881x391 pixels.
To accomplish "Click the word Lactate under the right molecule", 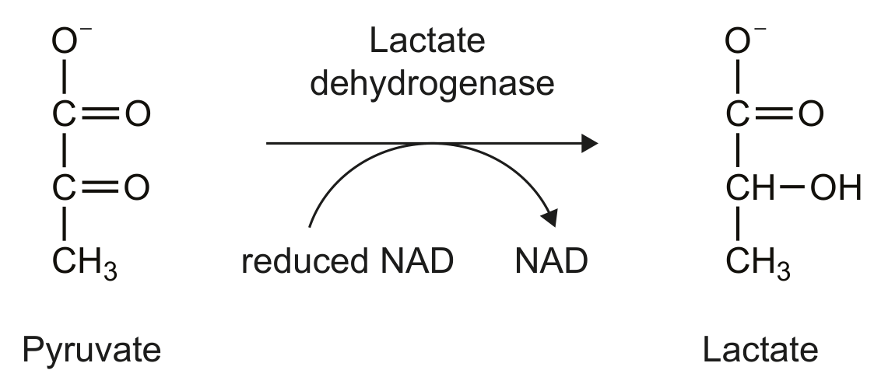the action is [x=760, y=350].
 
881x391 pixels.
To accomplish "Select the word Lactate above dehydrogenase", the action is [x=427, y=41].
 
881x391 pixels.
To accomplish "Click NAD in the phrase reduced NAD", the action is [x=417, y=261].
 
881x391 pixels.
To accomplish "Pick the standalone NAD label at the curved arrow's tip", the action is [x=551, y=261].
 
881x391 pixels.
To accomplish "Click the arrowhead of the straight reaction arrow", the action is [x=589, y=144].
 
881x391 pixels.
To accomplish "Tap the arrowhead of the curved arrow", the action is [x=549, y=218].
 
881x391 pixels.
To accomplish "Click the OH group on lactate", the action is [x=836, y=187].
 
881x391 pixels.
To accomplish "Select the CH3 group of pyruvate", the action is [x=85, y=263].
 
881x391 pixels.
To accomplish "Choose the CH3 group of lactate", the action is [x=758, y=263].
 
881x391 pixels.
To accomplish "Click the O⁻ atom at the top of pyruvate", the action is [x=70, y=40].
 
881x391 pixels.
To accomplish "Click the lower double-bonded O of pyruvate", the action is [x=137, y=187].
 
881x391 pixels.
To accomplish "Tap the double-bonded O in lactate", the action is [x=811, y=113].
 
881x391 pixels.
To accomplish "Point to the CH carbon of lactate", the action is [x=750, y=187].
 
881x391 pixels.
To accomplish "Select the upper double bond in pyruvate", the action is [x=100, y=113].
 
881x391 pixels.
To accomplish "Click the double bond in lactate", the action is [x=774, y=113].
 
